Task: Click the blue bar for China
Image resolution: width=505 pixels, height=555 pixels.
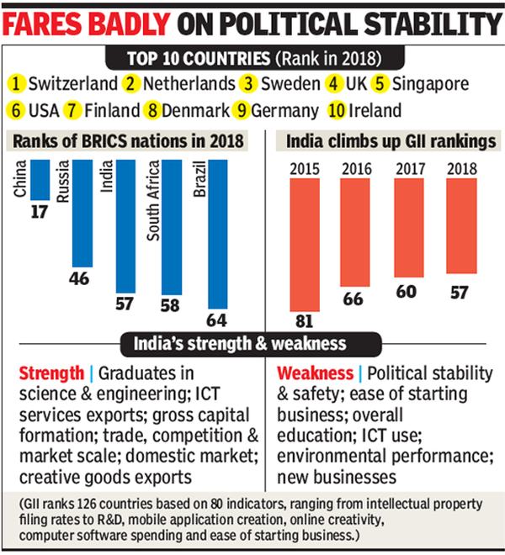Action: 40,174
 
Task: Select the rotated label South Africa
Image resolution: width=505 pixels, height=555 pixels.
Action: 153,202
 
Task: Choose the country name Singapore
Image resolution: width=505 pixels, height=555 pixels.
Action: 454,84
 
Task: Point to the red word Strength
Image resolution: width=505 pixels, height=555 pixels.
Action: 50,373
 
